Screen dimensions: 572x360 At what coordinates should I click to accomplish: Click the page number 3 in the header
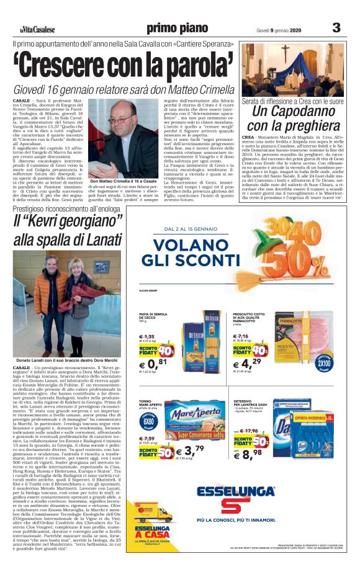(x=336, y=27)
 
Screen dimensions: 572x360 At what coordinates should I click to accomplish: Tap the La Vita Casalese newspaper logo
(x=36, y=29)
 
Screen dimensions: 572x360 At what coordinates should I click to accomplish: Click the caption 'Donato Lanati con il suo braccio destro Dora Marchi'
(x=67, y=360)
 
